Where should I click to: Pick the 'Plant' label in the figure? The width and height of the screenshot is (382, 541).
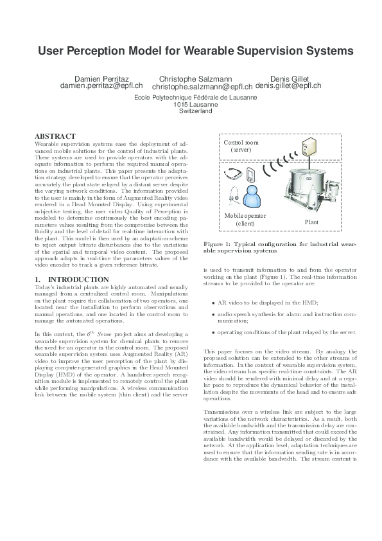(311, 222)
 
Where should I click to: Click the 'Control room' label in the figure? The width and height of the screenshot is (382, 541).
(241, 142)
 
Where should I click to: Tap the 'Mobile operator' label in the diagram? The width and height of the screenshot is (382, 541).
(245, 216)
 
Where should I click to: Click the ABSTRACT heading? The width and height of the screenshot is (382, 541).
(55, 136)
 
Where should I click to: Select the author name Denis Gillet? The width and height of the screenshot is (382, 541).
(290, 78)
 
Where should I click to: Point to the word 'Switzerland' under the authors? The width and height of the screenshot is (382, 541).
(194, 111)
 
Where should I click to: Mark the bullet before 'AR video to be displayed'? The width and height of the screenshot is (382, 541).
(213, 302)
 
